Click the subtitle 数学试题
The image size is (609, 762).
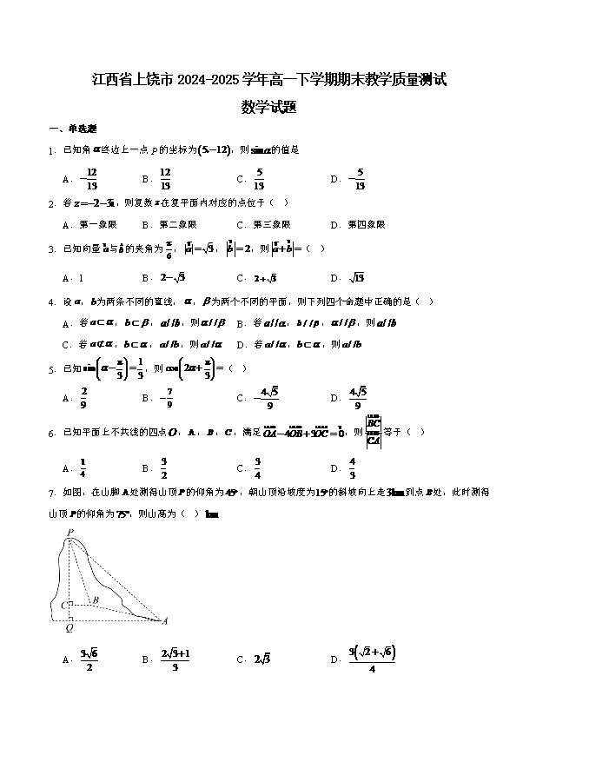point(269,108)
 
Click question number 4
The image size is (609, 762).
point(51,301)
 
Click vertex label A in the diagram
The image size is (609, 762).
point(164,620)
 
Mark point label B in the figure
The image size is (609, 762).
point(95,600)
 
